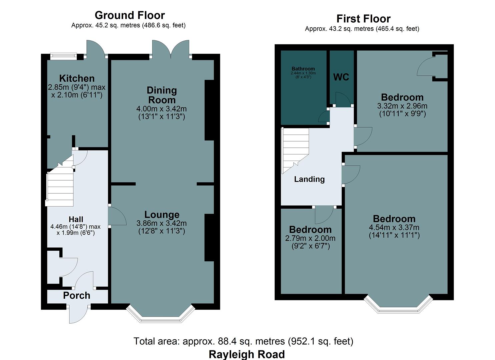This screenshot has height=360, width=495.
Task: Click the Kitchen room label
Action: tap(77, 78)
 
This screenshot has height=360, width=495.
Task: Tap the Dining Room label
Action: tap(162, 95)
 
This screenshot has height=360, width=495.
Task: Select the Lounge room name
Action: tap(162, 215)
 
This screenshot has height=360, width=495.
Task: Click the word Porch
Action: tap(77, 296)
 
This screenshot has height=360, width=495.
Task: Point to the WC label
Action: tap(341, 77)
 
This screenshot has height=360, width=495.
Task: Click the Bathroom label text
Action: tap(303, 69)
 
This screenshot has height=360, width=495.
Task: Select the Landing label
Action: tap(309, 179)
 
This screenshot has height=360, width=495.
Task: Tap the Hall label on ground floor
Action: tap(76, 219)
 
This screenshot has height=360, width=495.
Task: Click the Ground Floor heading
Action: tap(130, 15)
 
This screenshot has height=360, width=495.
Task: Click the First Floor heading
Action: tap(363, 19)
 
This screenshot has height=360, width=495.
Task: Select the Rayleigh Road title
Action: tap(247, 354)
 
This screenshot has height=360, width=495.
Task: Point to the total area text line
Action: tap(243, 341)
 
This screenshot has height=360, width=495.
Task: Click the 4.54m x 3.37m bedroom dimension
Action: tap(394, 228)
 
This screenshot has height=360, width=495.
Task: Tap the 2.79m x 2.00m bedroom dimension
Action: tap(310, 238)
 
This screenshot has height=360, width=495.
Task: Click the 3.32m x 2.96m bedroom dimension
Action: tap(402, 106)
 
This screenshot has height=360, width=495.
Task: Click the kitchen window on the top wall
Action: tap(63, 56)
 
